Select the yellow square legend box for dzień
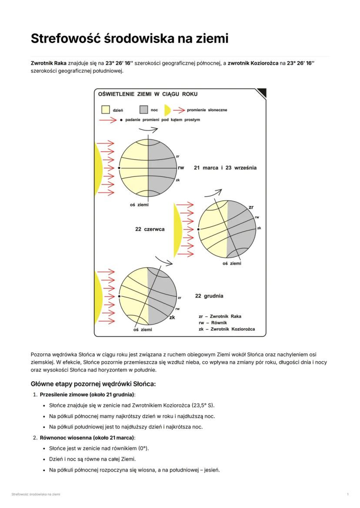[105, 110]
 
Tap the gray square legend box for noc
[143, 110]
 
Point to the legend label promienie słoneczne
[207, 110]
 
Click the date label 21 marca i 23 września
[225, 168]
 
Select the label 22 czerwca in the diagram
[150, 229]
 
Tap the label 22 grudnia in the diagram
[209, 296]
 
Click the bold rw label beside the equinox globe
[181, 168]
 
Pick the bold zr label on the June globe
[251, 207]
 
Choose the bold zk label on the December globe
[172, 317]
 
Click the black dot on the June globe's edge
[198, 229]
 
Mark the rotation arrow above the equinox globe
[148, 129]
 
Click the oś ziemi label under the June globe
[232, 263]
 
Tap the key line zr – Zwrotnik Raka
[220, 316]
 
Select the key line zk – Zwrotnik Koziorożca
[227, 329]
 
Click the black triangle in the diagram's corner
[262, 93]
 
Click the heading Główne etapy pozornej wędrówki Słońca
[93, 384]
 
